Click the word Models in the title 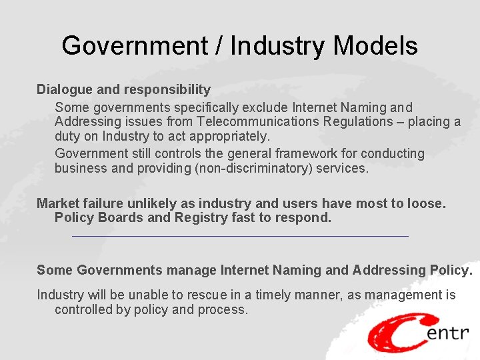tap(375, 46)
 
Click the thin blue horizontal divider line tap(240, 236)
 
